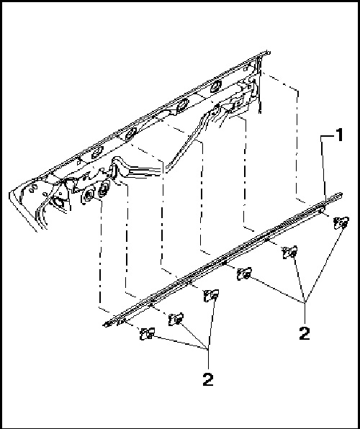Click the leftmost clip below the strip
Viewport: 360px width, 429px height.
[148, 333]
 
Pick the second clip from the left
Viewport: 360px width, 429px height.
[176, 319]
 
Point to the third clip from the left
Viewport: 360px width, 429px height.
[212, 296]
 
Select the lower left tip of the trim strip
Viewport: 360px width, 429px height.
[105, 325]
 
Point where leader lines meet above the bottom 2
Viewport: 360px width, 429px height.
[210, 349]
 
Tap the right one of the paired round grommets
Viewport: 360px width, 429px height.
[104, 190]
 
